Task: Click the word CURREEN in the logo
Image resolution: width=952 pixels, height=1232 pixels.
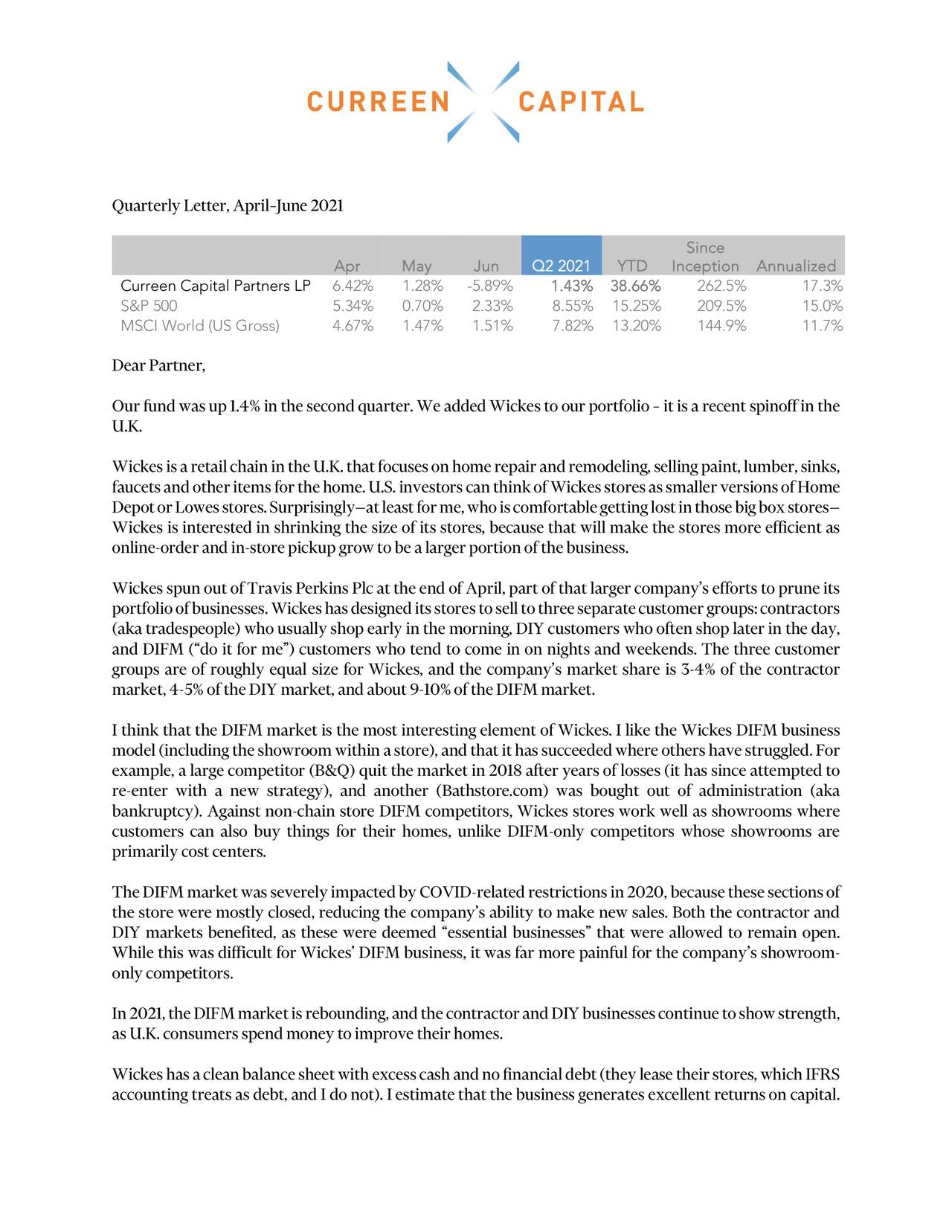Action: (x=378, y=102)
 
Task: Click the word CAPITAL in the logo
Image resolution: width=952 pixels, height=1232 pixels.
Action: (x=580, y=102)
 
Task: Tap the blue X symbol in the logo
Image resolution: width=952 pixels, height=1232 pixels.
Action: (x=483, y=102)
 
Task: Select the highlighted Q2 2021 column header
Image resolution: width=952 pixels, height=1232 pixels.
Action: (x=561, y=266)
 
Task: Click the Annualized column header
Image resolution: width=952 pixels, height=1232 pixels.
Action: (x=796, y=266)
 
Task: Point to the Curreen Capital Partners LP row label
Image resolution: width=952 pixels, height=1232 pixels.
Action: (x=215, y=286)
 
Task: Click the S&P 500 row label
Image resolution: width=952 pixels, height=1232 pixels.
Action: (x=149, y=306)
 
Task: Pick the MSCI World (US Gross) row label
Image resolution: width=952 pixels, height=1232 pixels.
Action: (x=199, y=326)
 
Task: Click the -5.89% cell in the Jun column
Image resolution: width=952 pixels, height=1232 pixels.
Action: (x=492, y=286)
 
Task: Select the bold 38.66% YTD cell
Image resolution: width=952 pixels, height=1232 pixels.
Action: (x=635, y=286)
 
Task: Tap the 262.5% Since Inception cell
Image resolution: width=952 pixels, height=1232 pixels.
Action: (x=721, y=286)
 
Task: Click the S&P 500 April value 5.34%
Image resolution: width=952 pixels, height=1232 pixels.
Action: (x=353, y=306)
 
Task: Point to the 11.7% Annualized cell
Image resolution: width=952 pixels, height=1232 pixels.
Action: (x=822, y=326)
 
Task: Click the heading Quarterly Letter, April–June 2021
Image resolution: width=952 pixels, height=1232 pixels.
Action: (x=228, y=205)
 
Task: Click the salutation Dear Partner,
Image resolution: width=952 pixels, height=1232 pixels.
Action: (x=158, y=366)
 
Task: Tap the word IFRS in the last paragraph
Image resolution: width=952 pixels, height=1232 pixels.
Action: (x=822, y=1074)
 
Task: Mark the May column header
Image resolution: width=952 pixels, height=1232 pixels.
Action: (x=416, y=266)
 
